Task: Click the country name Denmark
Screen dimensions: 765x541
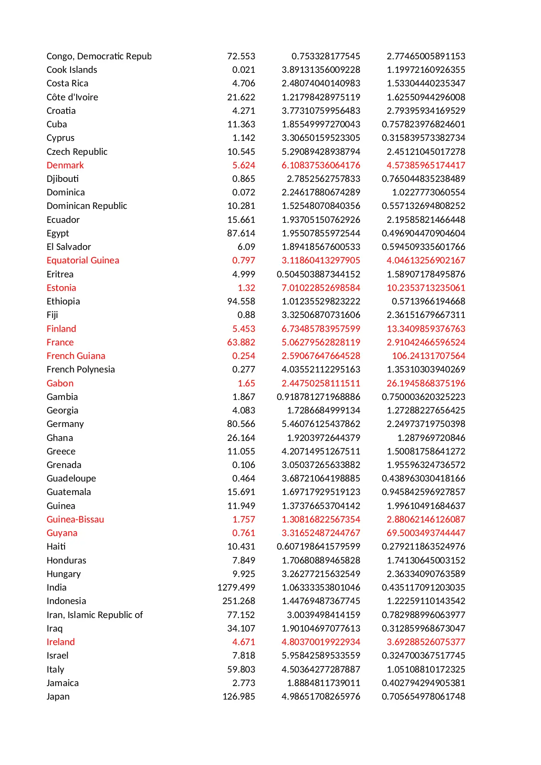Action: (65, 165)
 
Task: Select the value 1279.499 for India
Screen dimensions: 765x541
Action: (236, 587)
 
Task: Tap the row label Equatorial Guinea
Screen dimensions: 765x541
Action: (82, 260)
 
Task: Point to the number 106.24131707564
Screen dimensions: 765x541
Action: (428, 356)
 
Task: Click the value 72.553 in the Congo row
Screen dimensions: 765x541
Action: (241, 56)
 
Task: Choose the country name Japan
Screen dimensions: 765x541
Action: (58, 697)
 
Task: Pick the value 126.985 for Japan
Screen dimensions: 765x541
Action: (238, 697)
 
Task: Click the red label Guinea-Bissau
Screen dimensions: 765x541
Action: (75, 519)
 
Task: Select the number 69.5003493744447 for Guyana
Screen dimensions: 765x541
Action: (425, 533)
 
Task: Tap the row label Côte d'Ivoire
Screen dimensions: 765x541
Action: (72, 97)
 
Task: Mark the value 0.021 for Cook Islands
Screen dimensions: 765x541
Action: (243, 70)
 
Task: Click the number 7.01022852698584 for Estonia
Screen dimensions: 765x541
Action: (320, 288)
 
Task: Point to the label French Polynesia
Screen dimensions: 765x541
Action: (81, 369)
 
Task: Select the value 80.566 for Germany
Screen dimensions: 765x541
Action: (241, 424)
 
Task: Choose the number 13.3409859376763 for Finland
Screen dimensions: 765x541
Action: (425, 329)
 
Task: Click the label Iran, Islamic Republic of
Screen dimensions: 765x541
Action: (95, 615)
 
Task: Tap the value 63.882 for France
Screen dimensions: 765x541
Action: (241, 342)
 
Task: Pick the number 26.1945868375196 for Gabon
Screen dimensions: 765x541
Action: (425, 383)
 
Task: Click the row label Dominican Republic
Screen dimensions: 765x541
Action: (87, 206)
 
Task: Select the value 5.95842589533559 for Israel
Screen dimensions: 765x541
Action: (320, 656)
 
